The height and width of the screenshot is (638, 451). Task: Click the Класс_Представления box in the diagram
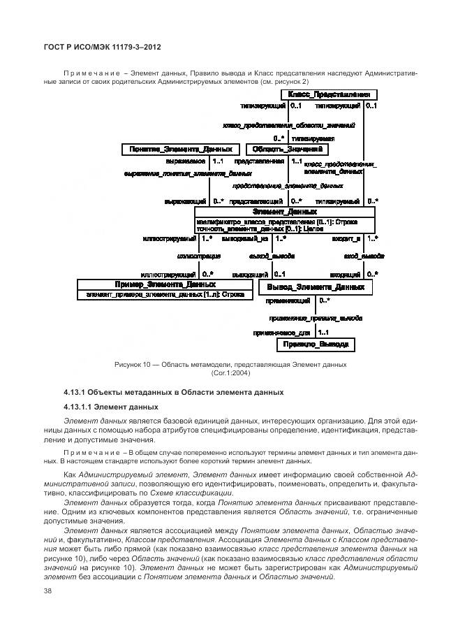pos(329,94)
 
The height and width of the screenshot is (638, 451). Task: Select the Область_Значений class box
pos(286,149)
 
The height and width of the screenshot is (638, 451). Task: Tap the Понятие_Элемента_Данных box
pos(181,149)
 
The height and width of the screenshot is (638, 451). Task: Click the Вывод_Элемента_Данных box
pos(316,287)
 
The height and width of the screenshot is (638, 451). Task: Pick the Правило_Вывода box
pos(316,345)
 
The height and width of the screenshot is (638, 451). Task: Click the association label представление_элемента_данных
pos(287,187)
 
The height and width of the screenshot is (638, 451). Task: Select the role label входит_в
pos(346,238)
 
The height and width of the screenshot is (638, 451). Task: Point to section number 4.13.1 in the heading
pos(76,392)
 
